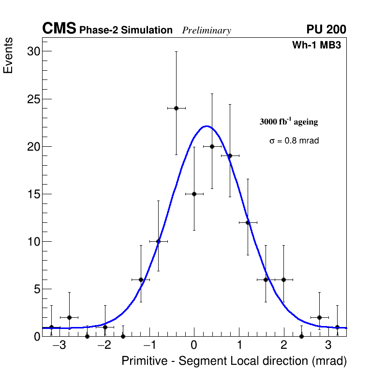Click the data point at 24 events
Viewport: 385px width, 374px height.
[176, 108]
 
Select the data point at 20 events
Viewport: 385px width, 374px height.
[212, 146]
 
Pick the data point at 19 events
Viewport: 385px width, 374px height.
[230, 156]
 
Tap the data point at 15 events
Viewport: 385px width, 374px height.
[194, 194]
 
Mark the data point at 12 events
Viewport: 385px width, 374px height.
[248, 222]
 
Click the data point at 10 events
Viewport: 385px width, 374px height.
[158, 241]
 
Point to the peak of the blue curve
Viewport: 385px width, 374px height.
[207, 126]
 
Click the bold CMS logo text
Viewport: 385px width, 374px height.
[59, 29]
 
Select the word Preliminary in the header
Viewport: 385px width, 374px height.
[207, 31]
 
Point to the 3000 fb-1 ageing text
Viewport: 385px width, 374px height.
[289, 122]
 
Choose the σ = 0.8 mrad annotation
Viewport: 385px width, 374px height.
[294, 141]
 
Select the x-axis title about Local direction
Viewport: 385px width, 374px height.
[234, 361]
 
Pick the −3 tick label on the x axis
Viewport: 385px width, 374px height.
[59, 346]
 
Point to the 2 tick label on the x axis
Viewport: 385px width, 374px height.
[283, 346]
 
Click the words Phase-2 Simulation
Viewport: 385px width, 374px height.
[126, 31]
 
